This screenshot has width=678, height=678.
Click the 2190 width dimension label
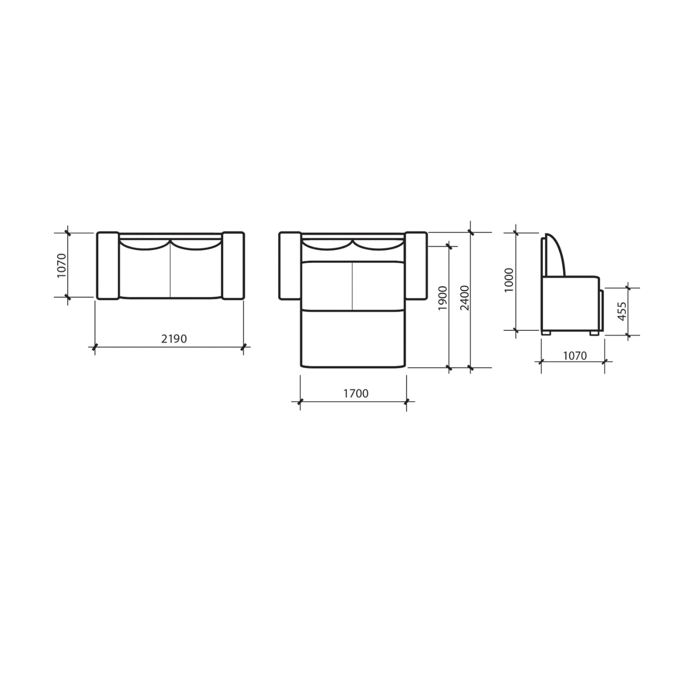(x=174, y=339)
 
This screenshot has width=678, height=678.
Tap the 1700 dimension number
(x=356, y=393)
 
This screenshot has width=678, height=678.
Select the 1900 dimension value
(x=442, y=298)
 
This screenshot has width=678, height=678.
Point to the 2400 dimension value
(x=465, y=298)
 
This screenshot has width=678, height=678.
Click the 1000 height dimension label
(x=509, y=280)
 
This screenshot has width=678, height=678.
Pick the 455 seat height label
(x=622, y=311)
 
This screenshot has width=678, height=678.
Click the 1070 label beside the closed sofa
(x=62, y=266)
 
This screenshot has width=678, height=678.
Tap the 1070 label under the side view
(x=575, y=356)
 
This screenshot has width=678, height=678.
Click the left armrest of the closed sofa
(x=108, y=266)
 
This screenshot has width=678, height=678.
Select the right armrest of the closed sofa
(x=233, y=266)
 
